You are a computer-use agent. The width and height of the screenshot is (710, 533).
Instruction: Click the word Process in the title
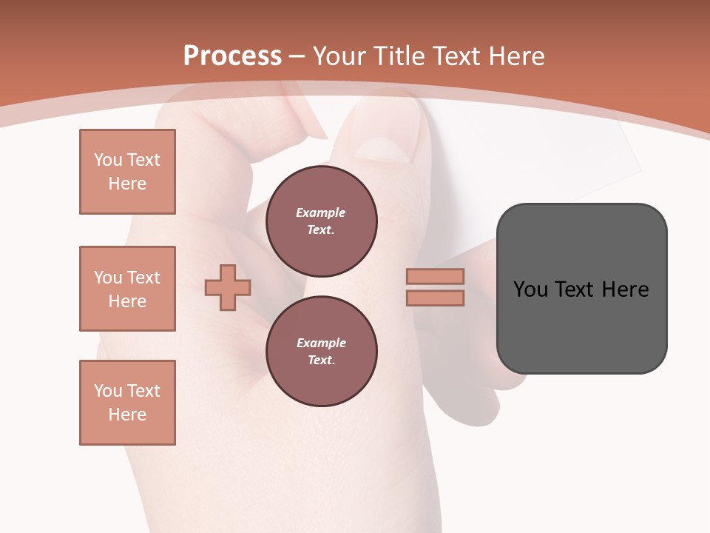point(232,56)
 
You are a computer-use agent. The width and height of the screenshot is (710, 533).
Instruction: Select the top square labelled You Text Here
point(127,172)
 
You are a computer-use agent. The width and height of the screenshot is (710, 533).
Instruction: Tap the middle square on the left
point(127,289)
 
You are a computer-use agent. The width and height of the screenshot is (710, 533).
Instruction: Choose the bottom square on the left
point(127,403)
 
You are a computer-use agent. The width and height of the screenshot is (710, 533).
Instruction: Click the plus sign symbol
point(228,287)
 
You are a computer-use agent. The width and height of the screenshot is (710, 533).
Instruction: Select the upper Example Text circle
point(321,221)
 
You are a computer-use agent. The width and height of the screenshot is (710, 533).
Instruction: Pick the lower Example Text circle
point(321,352)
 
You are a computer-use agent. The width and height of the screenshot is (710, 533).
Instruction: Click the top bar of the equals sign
point(435,276)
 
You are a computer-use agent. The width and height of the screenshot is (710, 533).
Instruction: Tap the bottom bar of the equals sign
point(435,298)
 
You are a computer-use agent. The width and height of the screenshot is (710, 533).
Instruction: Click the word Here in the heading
point(516,56)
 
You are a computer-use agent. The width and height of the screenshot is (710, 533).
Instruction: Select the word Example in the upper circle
point(320,212)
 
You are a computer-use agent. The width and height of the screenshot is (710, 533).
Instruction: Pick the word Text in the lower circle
point(320,360)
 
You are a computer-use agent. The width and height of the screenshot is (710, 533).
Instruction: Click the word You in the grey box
point(531,289)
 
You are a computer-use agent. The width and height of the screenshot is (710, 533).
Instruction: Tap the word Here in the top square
point(127,184)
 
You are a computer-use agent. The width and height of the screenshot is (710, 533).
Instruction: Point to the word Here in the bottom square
point(127,415)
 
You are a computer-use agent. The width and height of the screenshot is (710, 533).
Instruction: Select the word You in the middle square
point(107,278)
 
